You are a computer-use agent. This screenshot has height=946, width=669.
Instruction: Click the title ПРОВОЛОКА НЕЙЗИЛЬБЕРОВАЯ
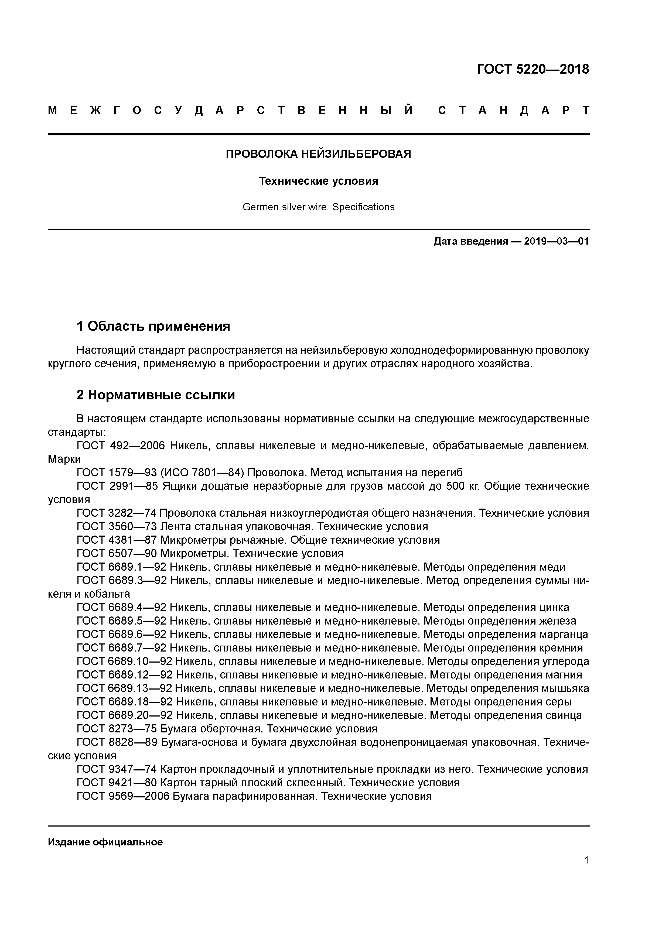coord(318,154)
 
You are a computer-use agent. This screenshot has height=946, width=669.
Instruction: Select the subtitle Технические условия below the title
coord(318,181)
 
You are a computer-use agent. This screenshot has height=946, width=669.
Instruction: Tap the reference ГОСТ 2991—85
coord(117,486)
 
